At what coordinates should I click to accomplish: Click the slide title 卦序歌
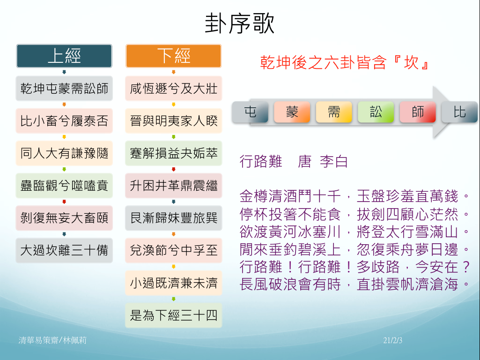click(x=239, y=23)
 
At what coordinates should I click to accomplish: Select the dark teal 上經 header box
click(x=64, y=56)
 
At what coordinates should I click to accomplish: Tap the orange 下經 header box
click(x=174, y=56)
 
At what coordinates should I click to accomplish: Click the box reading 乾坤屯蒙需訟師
click(x=64, y=89)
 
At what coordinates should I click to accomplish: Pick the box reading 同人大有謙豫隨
click(x=64, y=153)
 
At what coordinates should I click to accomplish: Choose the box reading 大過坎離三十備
click(x=64, y=250)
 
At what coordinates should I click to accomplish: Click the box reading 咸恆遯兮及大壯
click(x=174, y=89)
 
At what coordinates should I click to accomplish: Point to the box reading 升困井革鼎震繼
click(x=174, y=186)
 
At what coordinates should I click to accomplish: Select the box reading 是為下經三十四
click(x=174, y=315)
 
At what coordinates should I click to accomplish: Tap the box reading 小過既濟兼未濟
click(x=174, y=283)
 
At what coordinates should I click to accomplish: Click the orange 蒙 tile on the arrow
click(x=292, y=112)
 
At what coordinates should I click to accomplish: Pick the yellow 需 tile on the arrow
click(x=334, y=112)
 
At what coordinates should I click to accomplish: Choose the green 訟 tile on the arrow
click(x=376, y=112)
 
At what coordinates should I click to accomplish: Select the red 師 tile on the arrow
click(x=418, y=112)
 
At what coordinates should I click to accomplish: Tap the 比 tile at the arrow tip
click(x=459, y=112)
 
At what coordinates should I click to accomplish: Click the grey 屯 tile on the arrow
click(x=250, y=112)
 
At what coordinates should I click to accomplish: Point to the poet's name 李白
click(x=334, y=161)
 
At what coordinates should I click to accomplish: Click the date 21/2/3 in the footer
click(x=393, y=340)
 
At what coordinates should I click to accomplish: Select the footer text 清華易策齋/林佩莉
click(x=52, y=340)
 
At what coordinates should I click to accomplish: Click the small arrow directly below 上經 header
click(x=64, y=72)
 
